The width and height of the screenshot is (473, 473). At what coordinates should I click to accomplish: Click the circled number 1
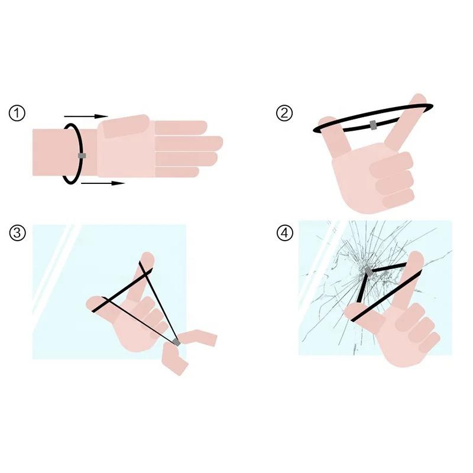(x=17, y=114)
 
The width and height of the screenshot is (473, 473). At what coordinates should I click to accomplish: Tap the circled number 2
(x=284, y=114)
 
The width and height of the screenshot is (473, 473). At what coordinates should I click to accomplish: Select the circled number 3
(x=17, y=232)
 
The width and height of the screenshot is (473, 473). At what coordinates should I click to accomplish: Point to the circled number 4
(x=285, y=233)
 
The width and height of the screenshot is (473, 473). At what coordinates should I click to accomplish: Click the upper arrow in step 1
(x=86, y=116)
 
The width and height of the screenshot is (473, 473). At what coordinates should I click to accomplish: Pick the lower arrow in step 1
(x=103, y=183)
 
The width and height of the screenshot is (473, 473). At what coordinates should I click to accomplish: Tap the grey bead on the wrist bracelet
(x=82, y=155)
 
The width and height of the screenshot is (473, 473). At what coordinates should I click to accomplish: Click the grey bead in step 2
(x=373, y=125)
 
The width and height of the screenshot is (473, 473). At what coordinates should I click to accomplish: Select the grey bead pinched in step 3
(x=176, y=342)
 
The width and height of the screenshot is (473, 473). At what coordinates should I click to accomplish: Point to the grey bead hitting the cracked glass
(x=368, y=271)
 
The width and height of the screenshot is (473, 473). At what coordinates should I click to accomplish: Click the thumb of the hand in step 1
(x=126, y=126)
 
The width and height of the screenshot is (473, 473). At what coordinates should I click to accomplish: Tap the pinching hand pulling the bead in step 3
(x=187, y=350)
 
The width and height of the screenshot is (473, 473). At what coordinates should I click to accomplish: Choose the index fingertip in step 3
(x=147, y=258)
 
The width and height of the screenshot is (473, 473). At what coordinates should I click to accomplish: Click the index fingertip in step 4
(x=416, y=258)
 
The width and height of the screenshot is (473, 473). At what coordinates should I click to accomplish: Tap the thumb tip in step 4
(x=352, y=309)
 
